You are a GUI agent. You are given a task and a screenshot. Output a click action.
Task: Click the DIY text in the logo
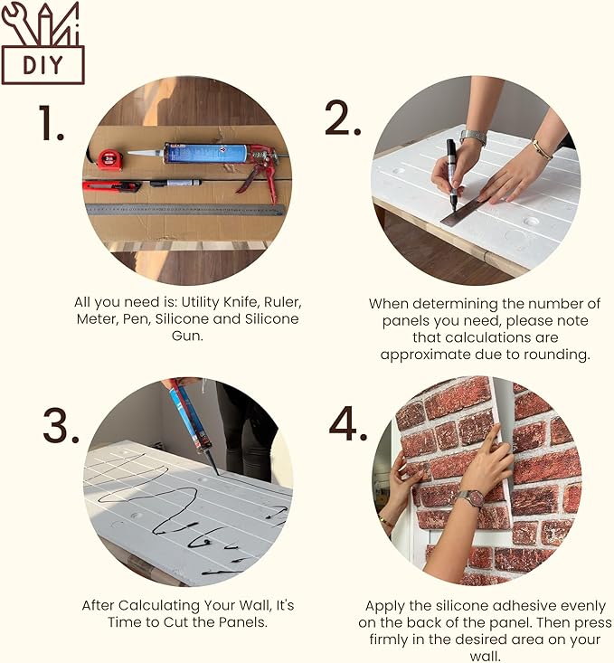coord(43,65)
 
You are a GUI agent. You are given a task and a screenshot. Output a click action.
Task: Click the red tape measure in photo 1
coord(109,160)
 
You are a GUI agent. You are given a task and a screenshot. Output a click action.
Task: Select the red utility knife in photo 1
coord(110,185)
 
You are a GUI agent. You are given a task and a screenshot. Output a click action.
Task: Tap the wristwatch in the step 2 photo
coord(472,137)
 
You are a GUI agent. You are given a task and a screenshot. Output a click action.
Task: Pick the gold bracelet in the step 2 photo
coord(542,148)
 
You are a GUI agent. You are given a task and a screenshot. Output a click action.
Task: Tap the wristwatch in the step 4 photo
coord(470,498)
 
